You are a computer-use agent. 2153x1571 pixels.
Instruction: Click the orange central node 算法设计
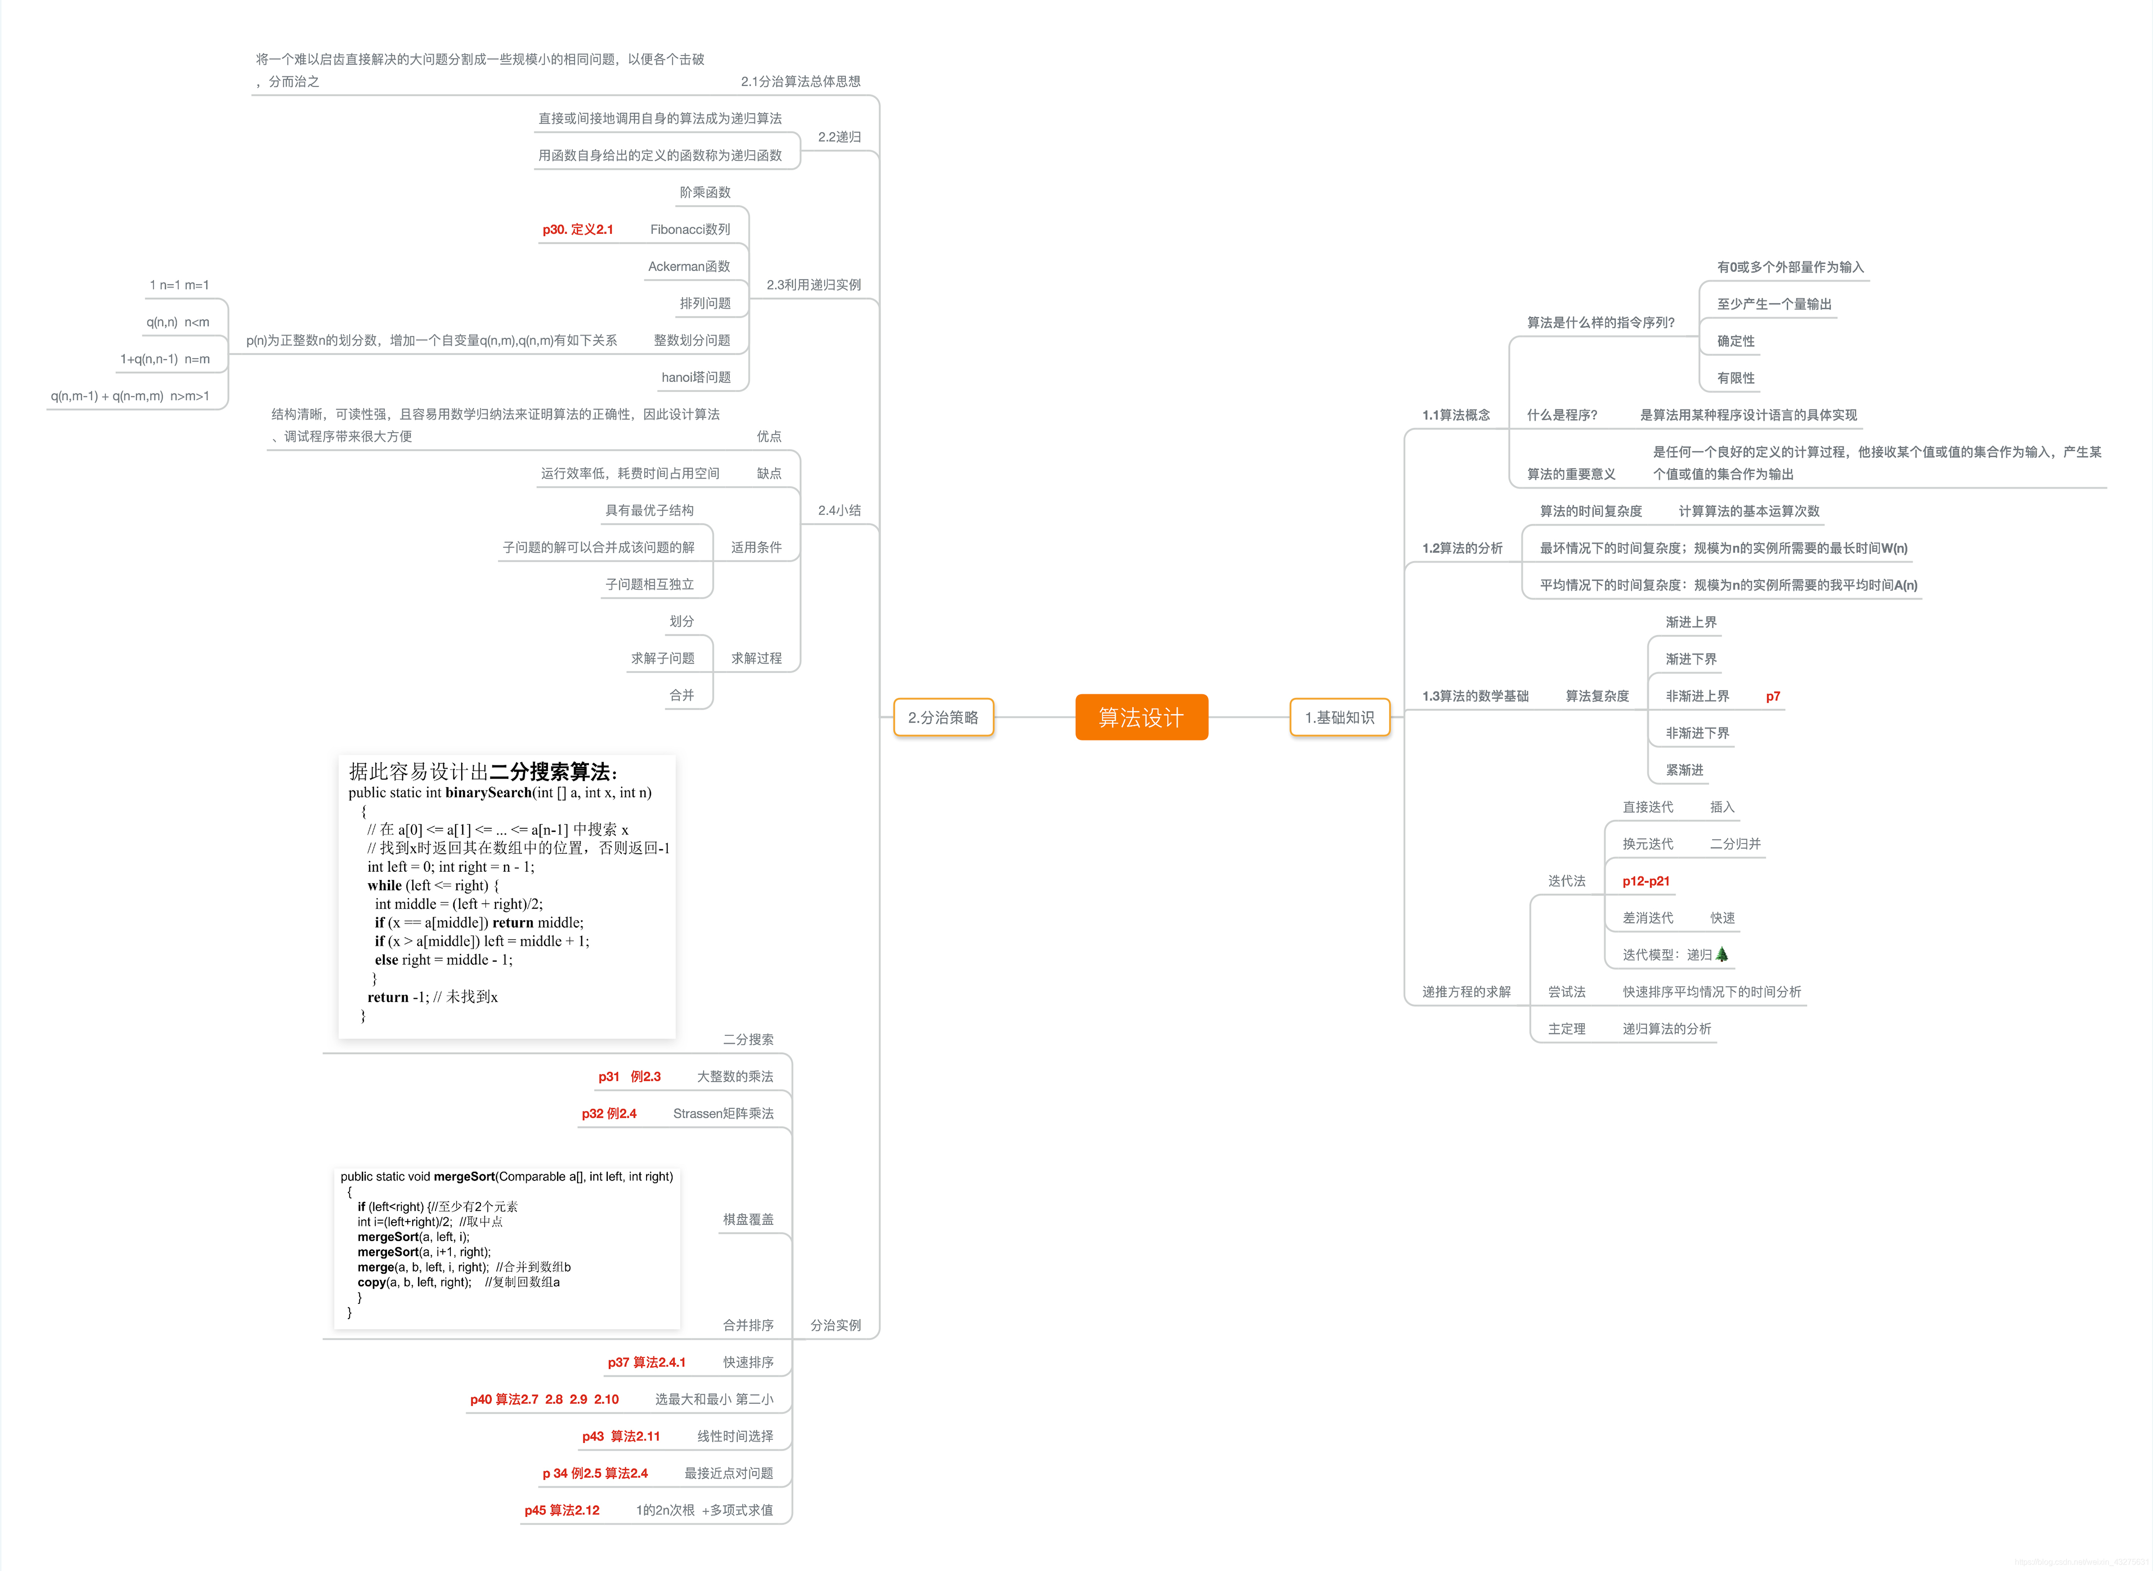click(1141, 717)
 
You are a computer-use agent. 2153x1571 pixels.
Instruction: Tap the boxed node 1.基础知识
click(1340, 717)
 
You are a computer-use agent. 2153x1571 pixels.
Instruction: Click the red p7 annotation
click(1773, 696)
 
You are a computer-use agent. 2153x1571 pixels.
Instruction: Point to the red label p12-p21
click(1645, 881)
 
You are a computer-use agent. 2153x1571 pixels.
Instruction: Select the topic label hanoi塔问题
click(696, 377)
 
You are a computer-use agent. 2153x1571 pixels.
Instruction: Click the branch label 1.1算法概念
click(1455, 415)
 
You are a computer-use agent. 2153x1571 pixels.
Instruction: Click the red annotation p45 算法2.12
click(562, 1509)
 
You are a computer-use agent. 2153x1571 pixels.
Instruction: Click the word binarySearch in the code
click(487, 792)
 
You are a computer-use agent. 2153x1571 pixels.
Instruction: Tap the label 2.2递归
click(839, 137)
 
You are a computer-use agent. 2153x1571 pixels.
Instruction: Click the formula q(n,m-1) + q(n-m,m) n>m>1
click(130, 395)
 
